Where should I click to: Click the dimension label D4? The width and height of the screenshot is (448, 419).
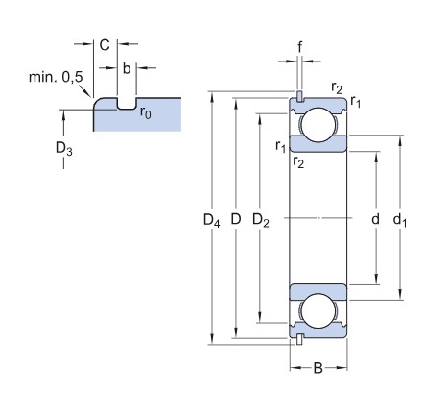point(212,220)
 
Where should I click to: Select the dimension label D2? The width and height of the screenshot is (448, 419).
point(261,220)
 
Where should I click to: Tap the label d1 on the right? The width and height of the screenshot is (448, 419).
point(400,220)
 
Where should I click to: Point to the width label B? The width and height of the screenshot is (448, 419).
point(318,368)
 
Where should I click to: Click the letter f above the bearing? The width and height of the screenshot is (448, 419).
point(299,47)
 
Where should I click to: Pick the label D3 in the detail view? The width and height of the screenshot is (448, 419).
point(64,149)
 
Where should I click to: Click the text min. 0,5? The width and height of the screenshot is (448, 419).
point(56,77)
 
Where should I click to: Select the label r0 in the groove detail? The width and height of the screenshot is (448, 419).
point(146,112)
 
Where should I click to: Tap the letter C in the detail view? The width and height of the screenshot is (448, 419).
point(105,45)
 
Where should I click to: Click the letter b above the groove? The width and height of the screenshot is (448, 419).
point(127,68)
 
